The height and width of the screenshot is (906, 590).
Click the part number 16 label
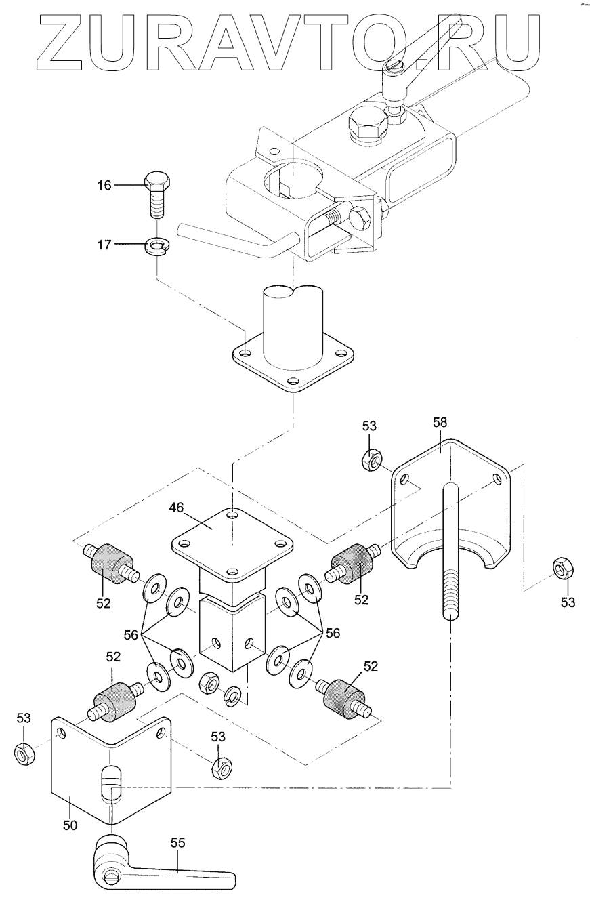(104, 185)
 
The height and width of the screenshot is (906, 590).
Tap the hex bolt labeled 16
(157, 195)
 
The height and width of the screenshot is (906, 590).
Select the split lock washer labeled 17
(157, 245)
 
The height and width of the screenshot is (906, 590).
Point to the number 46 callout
(177, 507)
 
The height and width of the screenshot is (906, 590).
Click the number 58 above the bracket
(440, 422)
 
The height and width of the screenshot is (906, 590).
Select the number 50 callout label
(70, 825)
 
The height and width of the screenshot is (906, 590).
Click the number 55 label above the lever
(177, 842)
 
